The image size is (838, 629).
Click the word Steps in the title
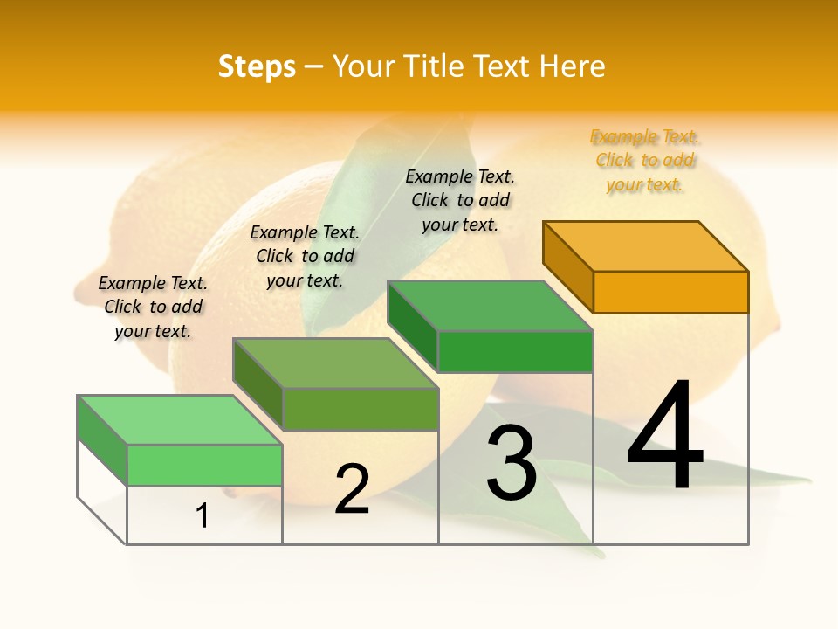pos(257,66)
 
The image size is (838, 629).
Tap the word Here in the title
pos(572,66)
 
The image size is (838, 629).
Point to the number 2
pos(352,489)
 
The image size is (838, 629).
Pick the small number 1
pos(203,515)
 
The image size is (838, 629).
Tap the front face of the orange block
pos(670,292)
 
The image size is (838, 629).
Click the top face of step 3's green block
pos(490,306)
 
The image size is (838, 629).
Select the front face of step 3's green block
pos(515,351)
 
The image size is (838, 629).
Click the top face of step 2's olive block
pos(335,363)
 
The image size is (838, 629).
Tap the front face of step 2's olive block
pos(360,409)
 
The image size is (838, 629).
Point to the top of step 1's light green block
pos(180,420)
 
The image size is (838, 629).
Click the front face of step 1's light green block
pos(204,465)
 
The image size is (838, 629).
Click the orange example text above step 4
pos(645,161)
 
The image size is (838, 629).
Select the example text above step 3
pos(460,200)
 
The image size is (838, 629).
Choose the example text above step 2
pos(305,256)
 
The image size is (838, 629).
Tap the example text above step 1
pos(153,307)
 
